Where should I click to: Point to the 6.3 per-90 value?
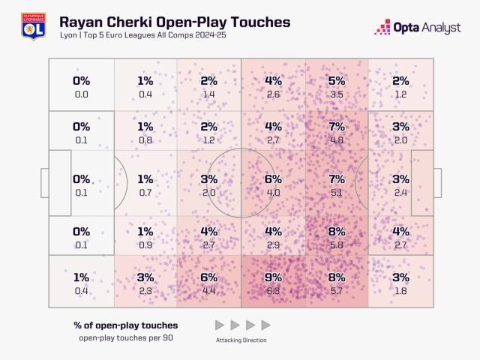(273, 291)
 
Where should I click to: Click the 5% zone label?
(337, 81)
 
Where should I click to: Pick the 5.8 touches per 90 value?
(337, 244)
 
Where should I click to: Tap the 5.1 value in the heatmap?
(337, 193)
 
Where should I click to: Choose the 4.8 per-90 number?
(337, 139)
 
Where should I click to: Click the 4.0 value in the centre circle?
(273, 193)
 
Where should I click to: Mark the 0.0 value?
(81, 94)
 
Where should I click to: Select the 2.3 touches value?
(145, 291)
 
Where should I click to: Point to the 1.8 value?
(400, 291)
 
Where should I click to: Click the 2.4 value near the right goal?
(400, 193)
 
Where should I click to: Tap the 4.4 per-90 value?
(209, 291)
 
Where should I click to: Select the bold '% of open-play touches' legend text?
(125, 325)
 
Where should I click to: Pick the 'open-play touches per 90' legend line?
(125, 338)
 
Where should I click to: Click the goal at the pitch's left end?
(44, 183)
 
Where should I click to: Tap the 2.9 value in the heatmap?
(273, 244)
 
